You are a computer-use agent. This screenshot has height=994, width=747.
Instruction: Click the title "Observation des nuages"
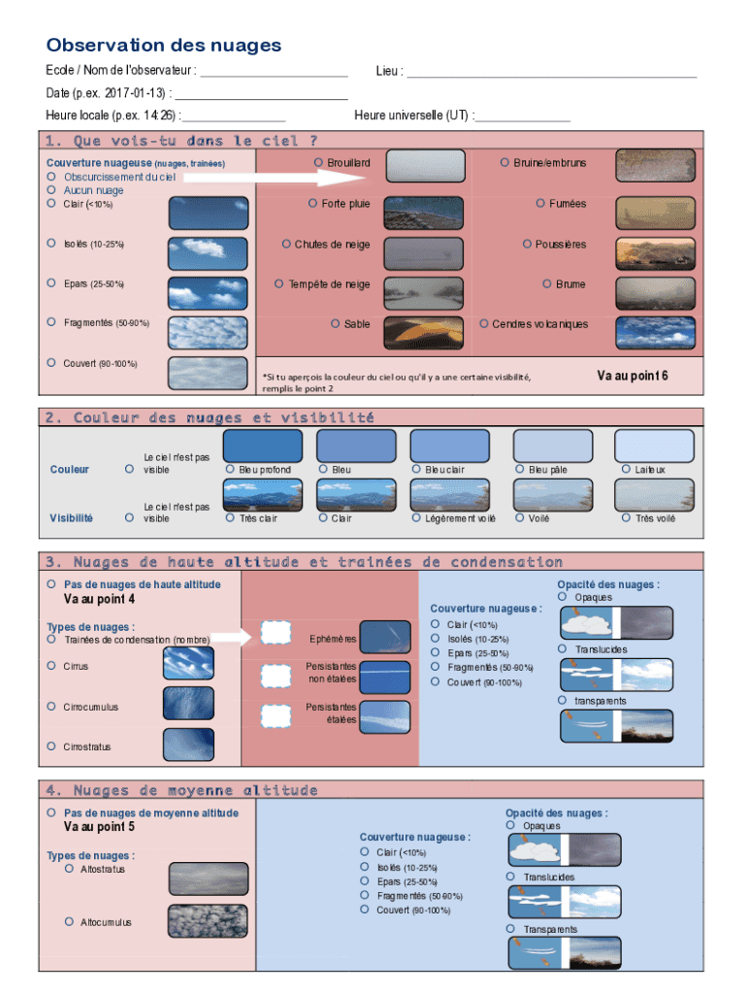coord(164,46)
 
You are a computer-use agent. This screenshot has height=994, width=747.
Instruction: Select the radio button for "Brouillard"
coord(318,163)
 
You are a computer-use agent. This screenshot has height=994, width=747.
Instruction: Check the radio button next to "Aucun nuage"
coord(50,190)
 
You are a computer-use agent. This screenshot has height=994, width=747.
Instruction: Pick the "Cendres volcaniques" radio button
coord(484,324)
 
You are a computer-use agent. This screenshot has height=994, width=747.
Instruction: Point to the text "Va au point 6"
coord(632,376)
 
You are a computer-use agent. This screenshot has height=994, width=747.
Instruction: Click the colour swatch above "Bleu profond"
coord(263,446)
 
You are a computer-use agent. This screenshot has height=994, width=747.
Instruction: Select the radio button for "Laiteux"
coord(626,470)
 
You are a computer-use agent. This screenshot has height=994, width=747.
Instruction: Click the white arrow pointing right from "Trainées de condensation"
coord(231,637)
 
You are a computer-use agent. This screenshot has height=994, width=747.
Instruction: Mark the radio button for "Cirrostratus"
coord(50,746)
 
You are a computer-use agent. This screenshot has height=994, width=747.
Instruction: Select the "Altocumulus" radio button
coord(69,921)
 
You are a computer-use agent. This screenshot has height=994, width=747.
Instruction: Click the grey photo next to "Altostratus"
coord(208,878)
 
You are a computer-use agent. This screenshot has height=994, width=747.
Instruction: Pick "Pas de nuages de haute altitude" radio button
coord(50,584)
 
